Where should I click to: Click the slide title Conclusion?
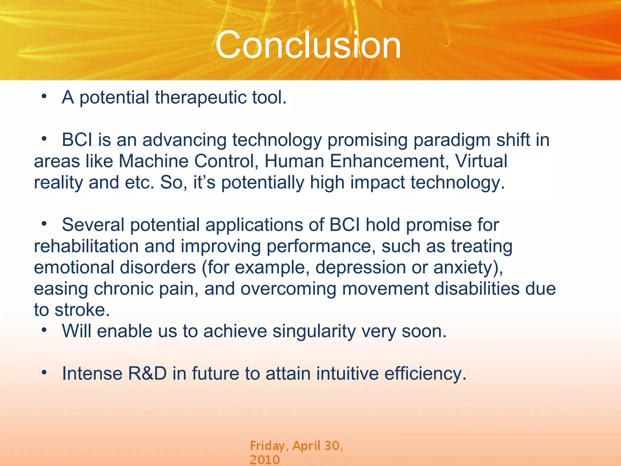point(308,46)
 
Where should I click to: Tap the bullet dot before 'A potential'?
point(44,97)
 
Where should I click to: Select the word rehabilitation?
point(86,246)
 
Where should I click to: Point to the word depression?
point(361,268)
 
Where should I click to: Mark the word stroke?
point(82,310)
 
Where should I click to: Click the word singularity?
point(314,331)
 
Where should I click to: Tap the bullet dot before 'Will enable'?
point(44,330)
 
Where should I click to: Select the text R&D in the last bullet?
point(147,374)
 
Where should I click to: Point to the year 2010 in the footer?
point(264,460)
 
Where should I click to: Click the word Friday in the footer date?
point(267,446)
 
